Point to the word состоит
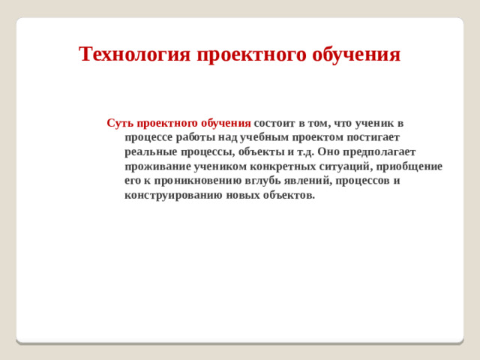click(x=274, y=122)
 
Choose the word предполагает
click(x=383, y=151)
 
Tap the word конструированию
click(x=172, y=196)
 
